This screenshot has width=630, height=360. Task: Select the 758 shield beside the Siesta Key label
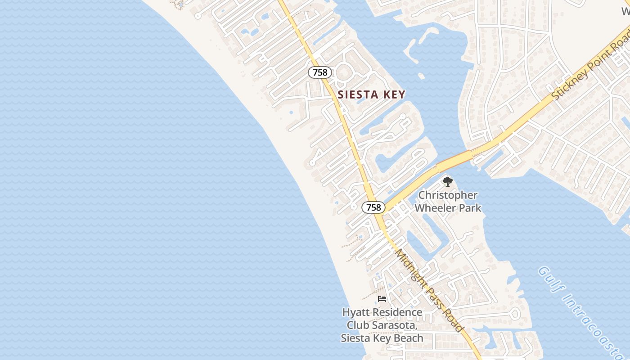click(320, 72)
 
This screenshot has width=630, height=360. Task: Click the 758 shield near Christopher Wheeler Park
click(373, 207)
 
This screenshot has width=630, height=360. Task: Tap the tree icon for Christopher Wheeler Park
click(447, 182)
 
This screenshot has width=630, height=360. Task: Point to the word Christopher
click(447, 195)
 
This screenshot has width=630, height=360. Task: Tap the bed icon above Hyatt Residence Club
click(382, 299)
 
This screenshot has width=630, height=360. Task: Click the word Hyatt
click(356, 312)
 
